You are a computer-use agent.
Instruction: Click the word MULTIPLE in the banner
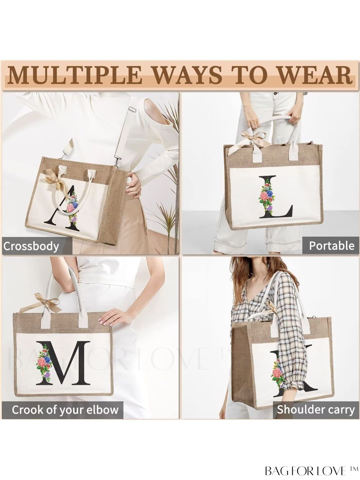click(x=74, y=76)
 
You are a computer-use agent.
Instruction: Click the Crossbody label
click(x=31, y=246)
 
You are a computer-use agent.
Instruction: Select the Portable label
click(x=332, y=246)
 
